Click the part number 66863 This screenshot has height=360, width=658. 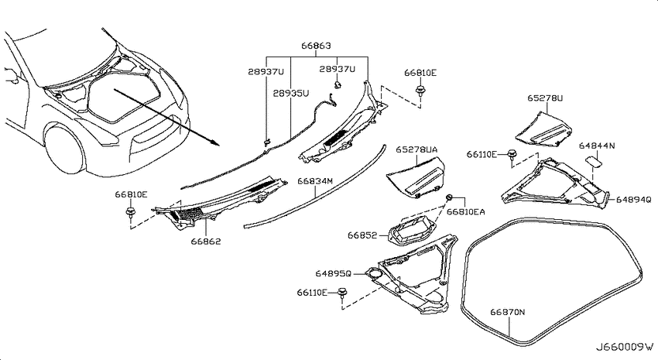316,46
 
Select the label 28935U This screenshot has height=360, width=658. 291,93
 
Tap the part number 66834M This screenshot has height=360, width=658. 315,181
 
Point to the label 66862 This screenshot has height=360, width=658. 206,242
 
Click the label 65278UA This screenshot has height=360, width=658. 416,149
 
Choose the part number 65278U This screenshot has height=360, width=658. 545,98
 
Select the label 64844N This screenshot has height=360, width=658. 597,146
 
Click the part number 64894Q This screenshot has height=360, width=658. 634,200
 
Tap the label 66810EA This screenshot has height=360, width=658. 466,212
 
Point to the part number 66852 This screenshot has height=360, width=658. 362,235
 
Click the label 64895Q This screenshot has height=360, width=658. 333,273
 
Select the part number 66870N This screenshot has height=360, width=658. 507,312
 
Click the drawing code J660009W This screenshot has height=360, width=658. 625,347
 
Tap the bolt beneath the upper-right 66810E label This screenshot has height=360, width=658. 420,91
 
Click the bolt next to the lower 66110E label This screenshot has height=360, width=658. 342,293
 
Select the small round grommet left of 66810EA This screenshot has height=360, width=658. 448,197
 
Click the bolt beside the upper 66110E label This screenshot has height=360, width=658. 512,154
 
